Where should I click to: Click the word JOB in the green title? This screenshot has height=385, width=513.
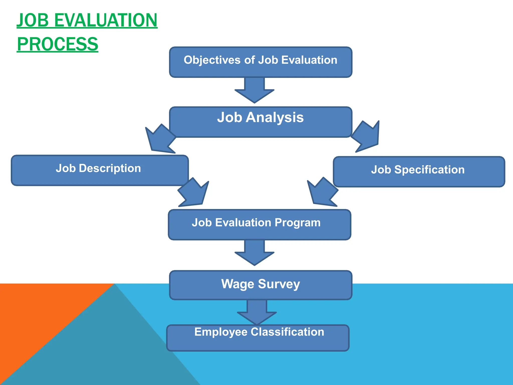click(x=33, y=20)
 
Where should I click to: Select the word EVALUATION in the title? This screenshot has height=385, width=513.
click(x=106, y=20)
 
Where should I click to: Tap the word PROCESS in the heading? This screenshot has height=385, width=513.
click(x=58, y=44)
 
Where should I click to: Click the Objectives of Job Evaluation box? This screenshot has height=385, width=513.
click(x=261, y=62)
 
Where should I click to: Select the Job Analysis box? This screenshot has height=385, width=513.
click(x=261, y=122)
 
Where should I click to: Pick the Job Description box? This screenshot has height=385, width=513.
click(x=100, y=170)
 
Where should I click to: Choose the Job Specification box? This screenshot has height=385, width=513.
click(x=419, y=172)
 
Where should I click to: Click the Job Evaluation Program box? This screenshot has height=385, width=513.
click(x=260, y=225)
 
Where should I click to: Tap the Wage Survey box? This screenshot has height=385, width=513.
click(x=261, y=285)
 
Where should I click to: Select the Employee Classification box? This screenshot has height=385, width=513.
click(x=258, y=338)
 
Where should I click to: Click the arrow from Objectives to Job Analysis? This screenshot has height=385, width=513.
click(x=254, y=90)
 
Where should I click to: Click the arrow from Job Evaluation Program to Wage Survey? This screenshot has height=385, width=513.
click(x=254, y=253)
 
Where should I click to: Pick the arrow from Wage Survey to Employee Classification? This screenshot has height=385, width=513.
click(x=257, y=312)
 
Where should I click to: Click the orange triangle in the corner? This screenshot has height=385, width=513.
click(x=38, y=313)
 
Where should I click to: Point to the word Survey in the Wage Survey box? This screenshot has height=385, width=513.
click(x=279, y=284)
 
